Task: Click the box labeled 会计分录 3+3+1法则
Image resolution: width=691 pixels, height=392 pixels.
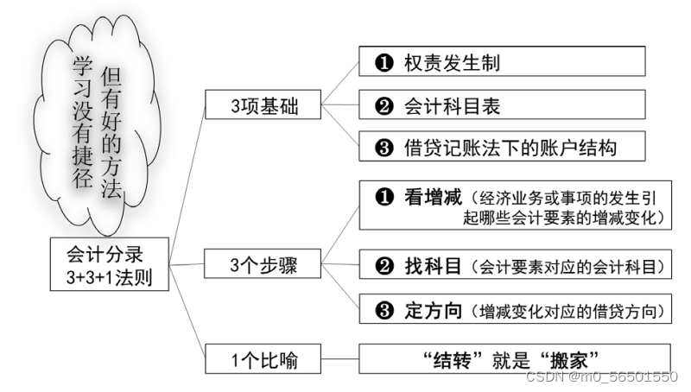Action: (x=105, y=266)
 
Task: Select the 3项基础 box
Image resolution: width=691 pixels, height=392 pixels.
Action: (x=263, y=107)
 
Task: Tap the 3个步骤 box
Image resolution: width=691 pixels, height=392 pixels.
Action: (x=263, y=265)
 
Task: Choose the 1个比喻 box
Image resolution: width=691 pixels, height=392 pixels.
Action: (x=263, y=359)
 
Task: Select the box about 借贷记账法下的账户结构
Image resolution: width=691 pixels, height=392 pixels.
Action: (x=502, y=148)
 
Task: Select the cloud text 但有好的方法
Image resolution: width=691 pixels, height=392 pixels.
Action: (x=111, y=130)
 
